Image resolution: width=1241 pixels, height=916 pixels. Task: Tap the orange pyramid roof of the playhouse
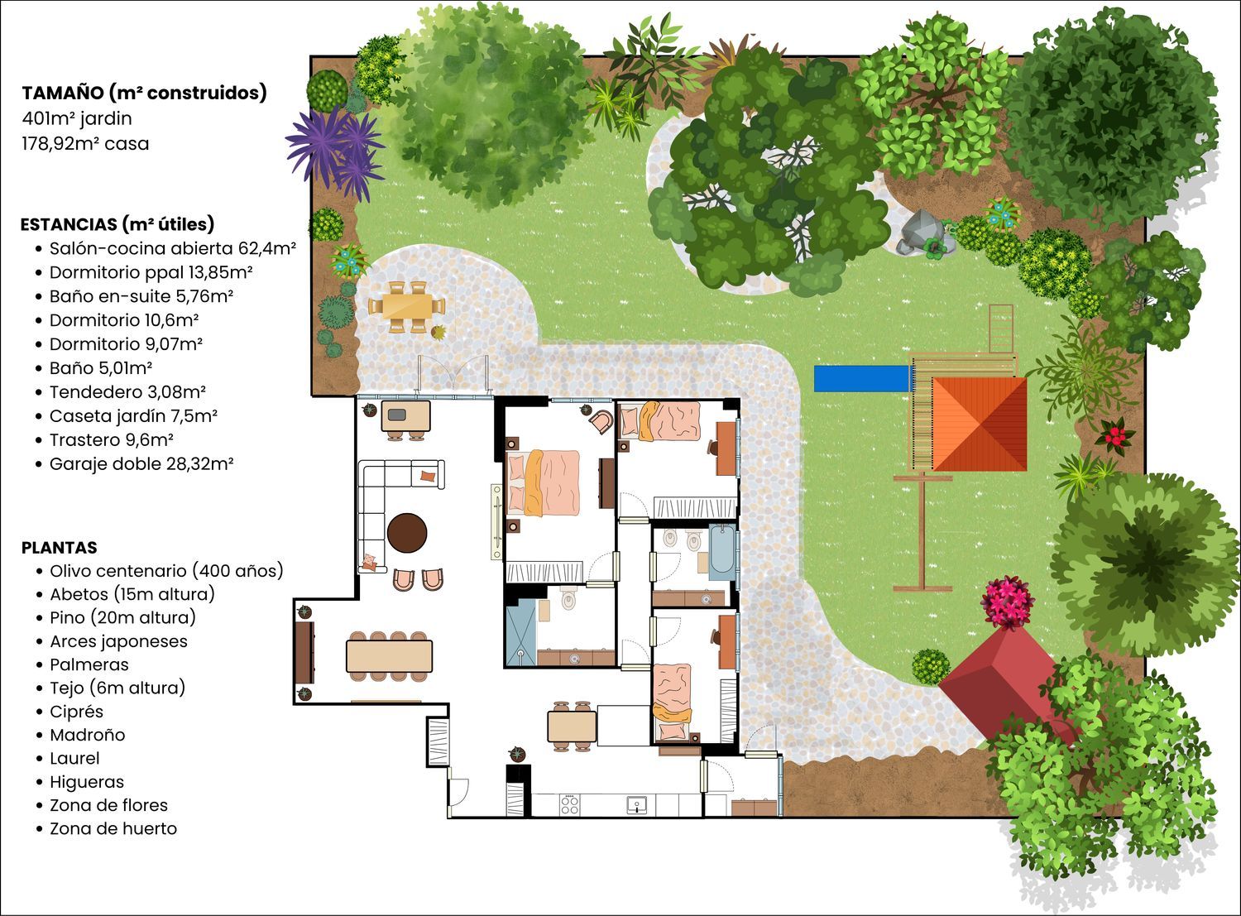point(979,424)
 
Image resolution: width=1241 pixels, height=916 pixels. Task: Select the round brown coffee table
point(407,533)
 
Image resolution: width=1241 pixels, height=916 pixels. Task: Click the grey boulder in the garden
point(920,233)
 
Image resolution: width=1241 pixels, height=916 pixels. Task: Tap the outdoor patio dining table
point(407,306)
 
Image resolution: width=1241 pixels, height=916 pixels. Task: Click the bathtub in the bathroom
point(721,552)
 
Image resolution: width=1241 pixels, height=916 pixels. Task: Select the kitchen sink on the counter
point(636,804)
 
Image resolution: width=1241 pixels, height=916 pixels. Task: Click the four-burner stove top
point(569,804)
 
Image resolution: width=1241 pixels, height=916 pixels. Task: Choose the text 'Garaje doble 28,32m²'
point(141,464)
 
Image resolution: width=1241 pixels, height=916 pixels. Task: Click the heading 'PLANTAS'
point(60,547)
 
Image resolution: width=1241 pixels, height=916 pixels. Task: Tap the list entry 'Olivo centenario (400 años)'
point(167,571)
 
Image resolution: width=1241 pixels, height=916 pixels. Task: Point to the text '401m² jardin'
point(77,118)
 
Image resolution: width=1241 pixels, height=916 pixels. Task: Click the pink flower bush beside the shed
point(1007,602)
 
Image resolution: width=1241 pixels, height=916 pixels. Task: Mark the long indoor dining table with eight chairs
point(390,656)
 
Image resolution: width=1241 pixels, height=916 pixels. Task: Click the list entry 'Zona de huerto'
point(113,828)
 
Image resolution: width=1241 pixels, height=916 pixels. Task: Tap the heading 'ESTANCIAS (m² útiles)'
point(117,224)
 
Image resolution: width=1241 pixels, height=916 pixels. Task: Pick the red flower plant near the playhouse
point(1114,434)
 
